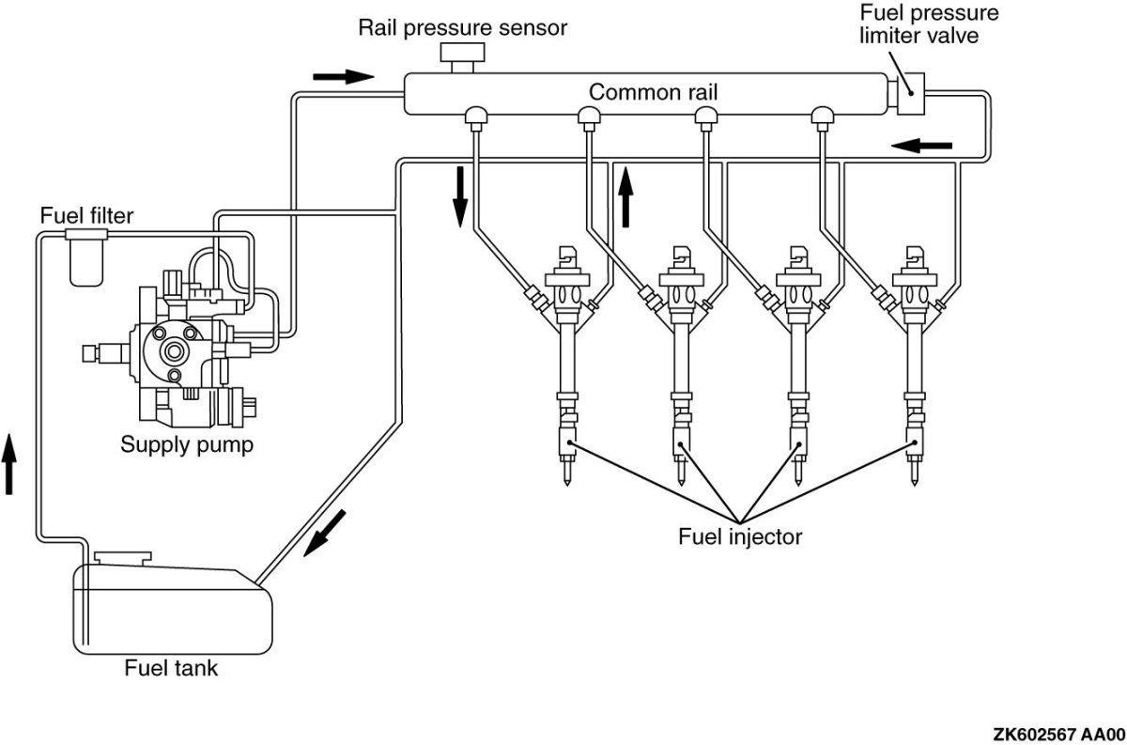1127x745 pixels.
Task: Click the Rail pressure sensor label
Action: click(462, 26)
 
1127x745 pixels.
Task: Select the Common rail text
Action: click(647, 92)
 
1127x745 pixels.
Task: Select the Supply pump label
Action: click(187, 444)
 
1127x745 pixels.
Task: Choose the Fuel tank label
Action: click(171, 669)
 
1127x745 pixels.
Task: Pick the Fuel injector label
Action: click(740, 537)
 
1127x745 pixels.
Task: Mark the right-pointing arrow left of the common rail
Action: click(344, 75)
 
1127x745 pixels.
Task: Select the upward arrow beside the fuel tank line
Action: click(9, 462)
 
